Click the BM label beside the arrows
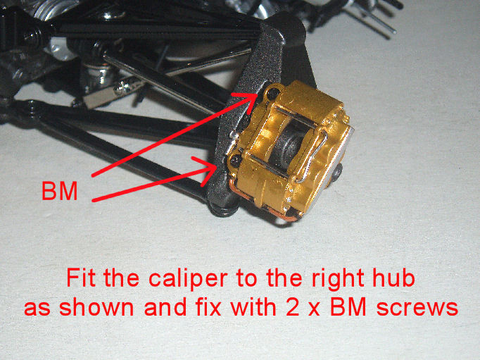[x=60, y=191]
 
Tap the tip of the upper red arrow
[x=258, y=94]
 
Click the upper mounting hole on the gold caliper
[x=272, y=92]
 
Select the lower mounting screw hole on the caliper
[x=235, y=159]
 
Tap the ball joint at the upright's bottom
[x=224, y=208]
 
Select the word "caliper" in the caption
[x=188, y=279]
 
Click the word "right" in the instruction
[x=338, y=279]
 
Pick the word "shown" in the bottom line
[x=96, y=307]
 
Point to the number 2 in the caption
[x=293, y=307]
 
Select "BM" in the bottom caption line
[x=348, y=307]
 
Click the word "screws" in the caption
[x=417, y=309]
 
